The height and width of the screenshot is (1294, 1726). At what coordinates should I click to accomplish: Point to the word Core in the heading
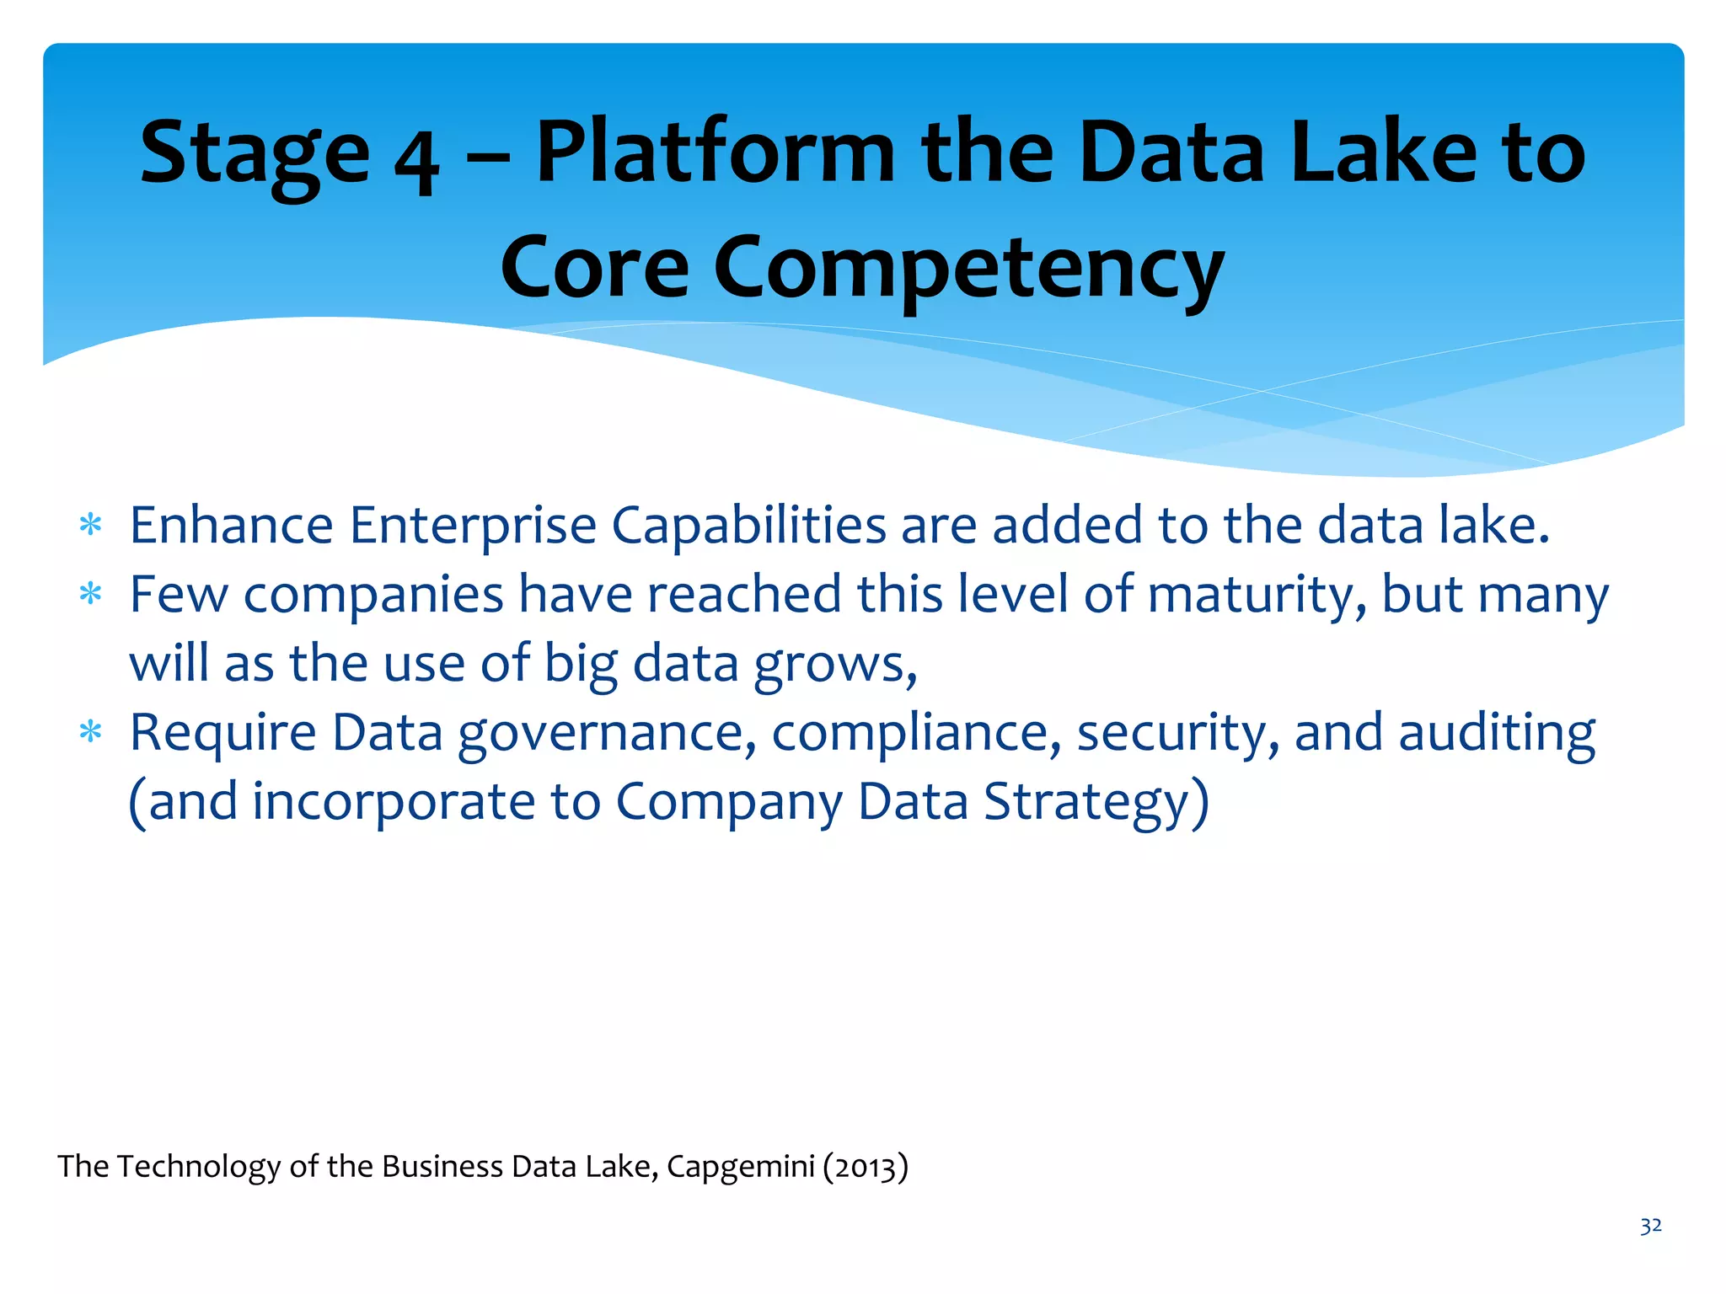(595, 268)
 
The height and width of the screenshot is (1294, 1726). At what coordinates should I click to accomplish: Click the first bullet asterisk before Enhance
(90, 526)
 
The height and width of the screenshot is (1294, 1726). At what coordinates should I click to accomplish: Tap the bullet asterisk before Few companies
(90, 595)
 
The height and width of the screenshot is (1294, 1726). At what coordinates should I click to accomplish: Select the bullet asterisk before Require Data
(90, 732)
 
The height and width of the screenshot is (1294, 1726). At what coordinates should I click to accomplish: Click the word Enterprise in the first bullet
(473, 526)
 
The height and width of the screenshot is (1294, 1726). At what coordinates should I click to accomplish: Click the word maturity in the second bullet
(1256, 596)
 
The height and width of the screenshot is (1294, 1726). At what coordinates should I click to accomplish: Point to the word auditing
(1497, 733)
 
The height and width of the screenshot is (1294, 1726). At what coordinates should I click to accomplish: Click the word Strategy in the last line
(1096, 802)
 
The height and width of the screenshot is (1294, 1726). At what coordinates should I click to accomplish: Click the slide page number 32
(1650, 1226)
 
